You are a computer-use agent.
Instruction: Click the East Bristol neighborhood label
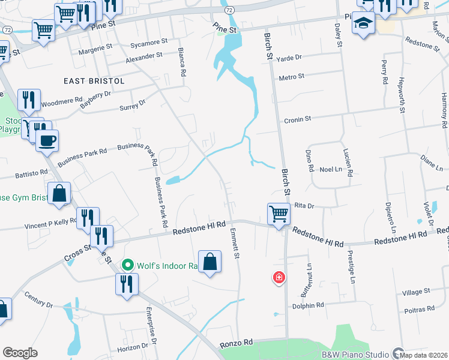click(x=94, y=81)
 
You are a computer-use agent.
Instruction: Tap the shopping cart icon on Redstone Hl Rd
click(x=279, y=214)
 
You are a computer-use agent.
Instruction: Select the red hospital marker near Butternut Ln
click(x=279, y=277)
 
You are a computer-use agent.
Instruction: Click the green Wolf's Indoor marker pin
click(x=127, y=265)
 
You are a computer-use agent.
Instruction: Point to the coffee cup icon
click(x=47, y=141)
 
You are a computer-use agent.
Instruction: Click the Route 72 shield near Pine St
click(x=230, y=10)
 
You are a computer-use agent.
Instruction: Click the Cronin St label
click(x=298, y=119)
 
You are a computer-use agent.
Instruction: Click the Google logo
click(x=20, y=353)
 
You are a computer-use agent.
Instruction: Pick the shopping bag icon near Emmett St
click(x=210, y=262)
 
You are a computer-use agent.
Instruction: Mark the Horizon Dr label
click(x=132, y=347)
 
